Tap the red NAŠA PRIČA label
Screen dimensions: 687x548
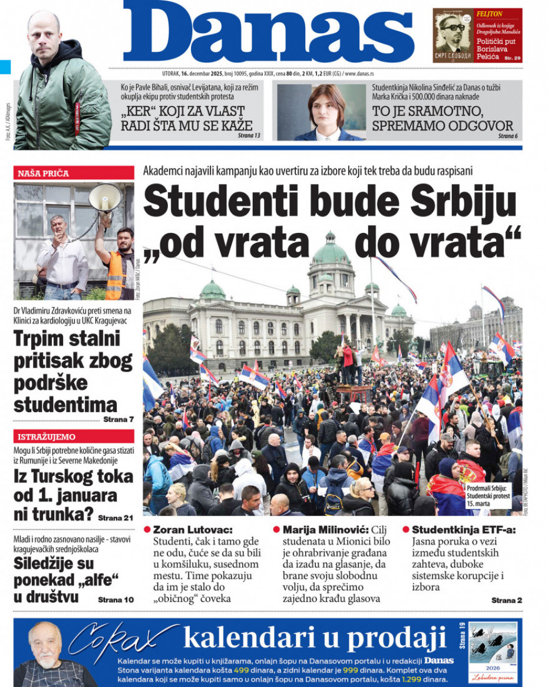tap(44, 173)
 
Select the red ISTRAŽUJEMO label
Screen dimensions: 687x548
tap(47, 437)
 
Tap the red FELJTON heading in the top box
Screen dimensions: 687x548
tap(490, 14)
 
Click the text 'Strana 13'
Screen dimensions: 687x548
tap(249, 136)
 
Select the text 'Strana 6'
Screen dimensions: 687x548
tap(508, 136)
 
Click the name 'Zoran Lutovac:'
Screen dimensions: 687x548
tap(193, 530)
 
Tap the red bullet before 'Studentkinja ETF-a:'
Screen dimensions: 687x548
tap(406, 530)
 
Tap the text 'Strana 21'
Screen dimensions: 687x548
tap(115, 518)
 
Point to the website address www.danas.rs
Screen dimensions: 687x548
tap(359, 74)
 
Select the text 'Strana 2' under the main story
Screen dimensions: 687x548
tap(506, 600)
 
